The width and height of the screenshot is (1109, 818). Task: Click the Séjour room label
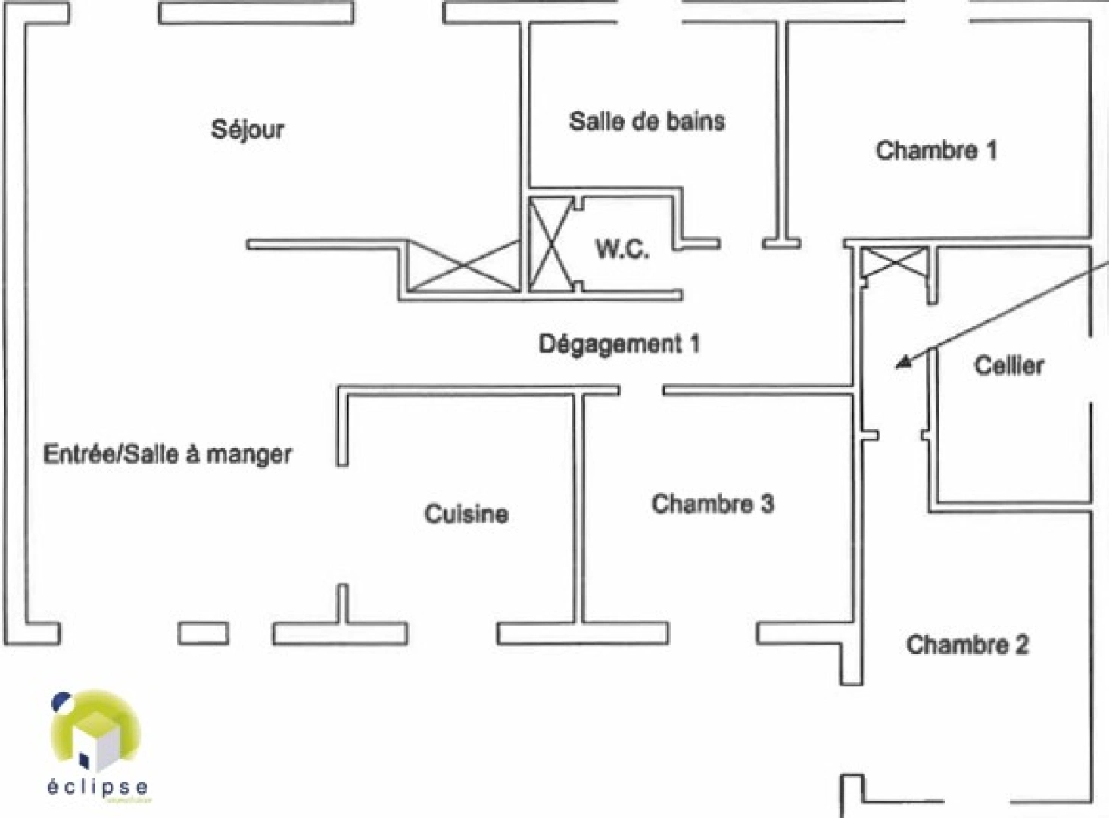[x=248, y=130]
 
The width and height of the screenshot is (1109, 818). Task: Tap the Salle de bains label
[x=646, y=121]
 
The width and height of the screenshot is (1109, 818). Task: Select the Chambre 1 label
[x=936, y=151]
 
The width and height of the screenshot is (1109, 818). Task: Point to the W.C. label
[x=621, y=248]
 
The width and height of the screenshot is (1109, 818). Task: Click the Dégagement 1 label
[x=618, y=344]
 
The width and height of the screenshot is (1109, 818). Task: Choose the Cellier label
[x=1008, y=366]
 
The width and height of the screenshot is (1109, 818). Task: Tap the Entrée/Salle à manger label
[x=167, y=454]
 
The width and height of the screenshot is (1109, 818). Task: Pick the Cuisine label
[x=466, y=514]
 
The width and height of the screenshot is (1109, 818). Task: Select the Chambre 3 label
[x=712, y=504]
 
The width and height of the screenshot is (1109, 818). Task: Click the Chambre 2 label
[x=967, y=645]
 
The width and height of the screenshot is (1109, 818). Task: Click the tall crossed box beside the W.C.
[x=550, y=244]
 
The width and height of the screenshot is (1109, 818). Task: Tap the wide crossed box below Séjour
[x=463, y=266]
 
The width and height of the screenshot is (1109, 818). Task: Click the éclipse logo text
[x=98, y=787]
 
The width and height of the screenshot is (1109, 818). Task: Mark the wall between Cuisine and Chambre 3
[x=579, y=507]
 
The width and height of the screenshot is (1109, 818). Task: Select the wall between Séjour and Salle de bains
[x=525, y=106]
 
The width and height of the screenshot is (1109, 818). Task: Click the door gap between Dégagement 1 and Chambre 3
[x=641, y=390]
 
